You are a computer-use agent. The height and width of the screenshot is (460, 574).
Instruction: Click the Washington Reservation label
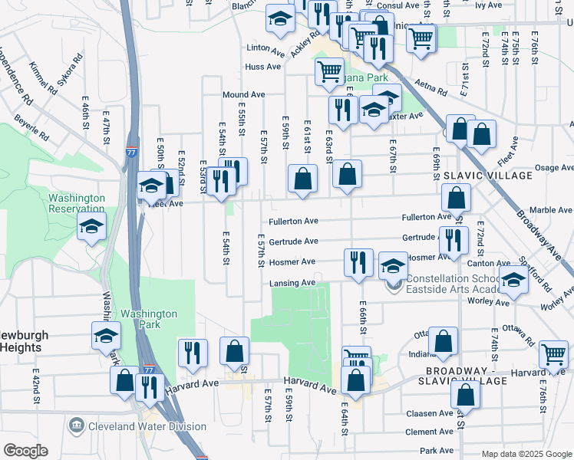coord(76,202)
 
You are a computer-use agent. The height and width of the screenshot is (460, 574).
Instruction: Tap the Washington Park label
coord(149,319)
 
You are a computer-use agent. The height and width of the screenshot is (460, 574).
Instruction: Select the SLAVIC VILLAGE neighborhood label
coord(487,176)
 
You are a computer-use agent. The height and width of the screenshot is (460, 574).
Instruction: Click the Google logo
coord(25,451)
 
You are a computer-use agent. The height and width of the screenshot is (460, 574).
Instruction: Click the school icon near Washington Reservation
coord(91,225)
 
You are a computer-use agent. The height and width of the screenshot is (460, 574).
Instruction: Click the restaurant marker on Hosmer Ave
coord(358,262)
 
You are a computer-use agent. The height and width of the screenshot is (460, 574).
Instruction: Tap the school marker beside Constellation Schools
coord(393,265)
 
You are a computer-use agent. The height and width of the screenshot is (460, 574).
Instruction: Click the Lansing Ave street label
coord(292,283)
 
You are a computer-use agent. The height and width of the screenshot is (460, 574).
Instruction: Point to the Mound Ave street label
coord(243,95)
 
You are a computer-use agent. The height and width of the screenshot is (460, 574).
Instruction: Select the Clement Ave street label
coord(430,432)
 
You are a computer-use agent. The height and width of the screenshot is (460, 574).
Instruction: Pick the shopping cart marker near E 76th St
coord(553,354)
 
